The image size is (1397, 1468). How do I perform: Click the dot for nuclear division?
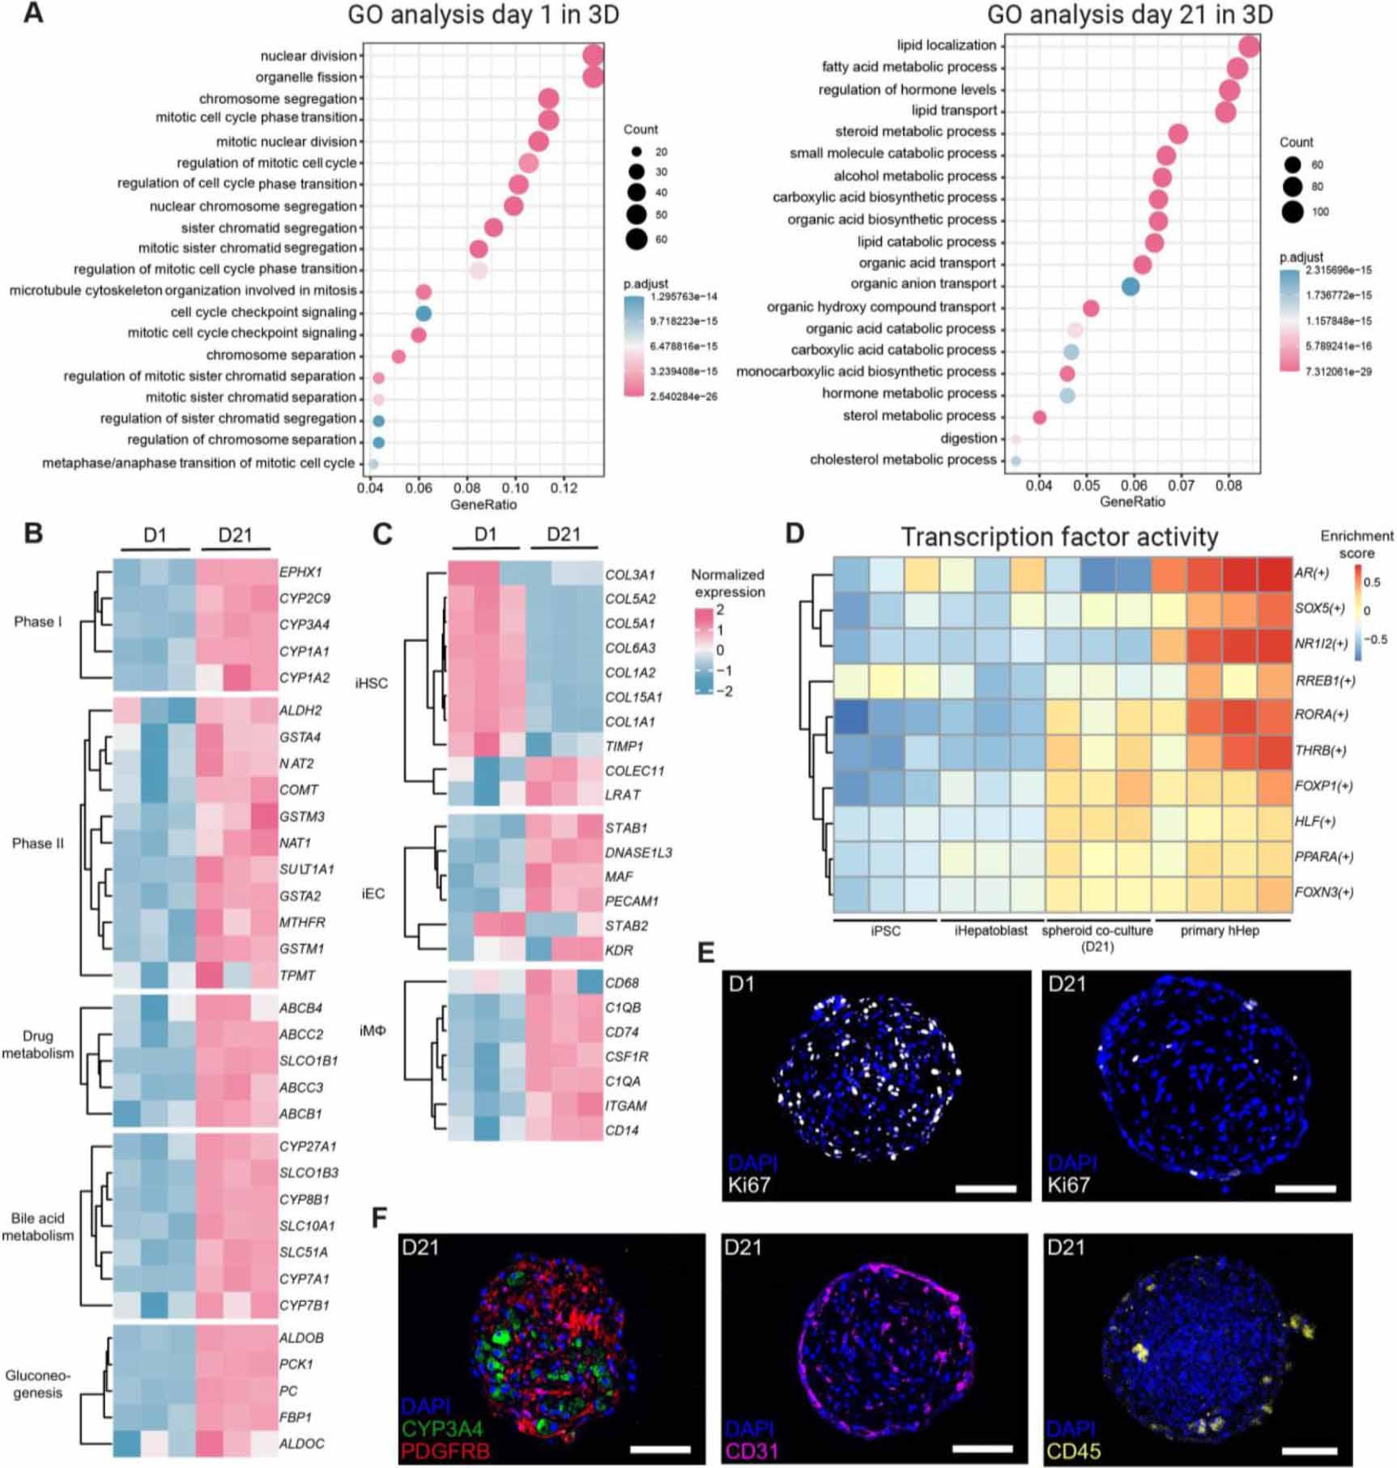pyautogui.click(x=593, y=56)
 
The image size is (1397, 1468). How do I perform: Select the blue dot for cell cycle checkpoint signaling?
pyautogui.click(x=424, y=313)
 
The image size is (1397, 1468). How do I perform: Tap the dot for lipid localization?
pyautogui.click(x=1249, y=46)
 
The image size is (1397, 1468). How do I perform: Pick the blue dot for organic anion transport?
pyautogui.click(x=1131, y=286)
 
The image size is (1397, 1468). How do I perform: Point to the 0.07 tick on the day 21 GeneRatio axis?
pyautogui.click(x=1182, y=486)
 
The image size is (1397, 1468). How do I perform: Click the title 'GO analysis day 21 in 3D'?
pyautogui.click(x=1130, y=15)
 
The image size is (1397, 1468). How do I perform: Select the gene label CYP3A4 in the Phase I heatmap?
pyautogui.click(x=304, y=625)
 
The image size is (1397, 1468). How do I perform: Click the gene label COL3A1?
pyautogui.click(x=630, y=576)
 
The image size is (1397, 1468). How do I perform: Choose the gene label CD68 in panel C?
pyautogui.click(x=622, y=983)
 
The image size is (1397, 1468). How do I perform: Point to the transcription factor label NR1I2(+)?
pyautogui.click(x=1322, y=645)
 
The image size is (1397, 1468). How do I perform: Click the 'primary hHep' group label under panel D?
pyautogui.click(x=1220, y=931)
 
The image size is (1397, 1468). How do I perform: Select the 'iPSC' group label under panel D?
pyautogui.click(x=885, y=931)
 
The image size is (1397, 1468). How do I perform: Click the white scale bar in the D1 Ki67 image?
pyautogui.click(x=986, y=1189)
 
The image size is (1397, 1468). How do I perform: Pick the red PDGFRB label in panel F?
pyautogui.click(x=445, y=1451)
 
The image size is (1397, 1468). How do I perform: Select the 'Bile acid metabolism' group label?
pyautogui.click(x=37, y=1227)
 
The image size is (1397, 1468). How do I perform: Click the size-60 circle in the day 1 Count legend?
pyautogui.click(x=636, y=239)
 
